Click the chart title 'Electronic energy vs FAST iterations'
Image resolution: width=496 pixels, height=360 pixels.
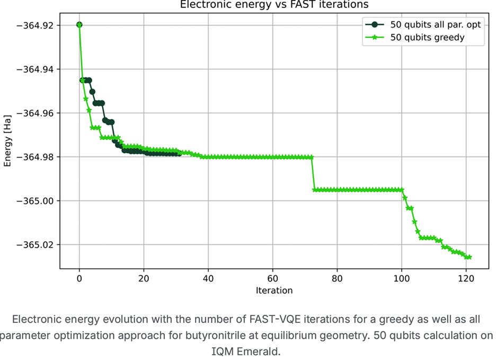click(274, 4)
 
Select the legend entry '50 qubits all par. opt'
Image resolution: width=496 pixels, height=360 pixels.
click(435, 25)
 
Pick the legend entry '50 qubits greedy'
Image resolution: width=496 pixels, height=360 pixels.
click(427, 37)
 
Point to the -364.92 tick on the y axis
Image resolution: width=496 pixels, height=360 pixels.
click(36, 25)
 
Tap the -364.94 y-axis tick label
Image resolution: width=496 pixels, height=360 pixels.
click(36, 69)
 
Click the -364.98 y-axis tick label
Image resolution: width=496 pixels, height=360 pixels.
click(36, 157)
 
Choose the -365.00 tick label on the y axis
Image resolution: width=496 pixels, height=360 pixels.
click(36, 201)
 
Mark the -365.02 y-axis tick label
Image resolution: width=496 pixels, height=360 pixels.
click(36, 245)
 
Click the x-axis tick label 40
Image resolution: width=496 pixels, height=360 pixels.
click(208, 279)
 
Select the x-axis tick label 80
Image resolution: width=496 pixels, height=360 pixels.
click(337, 279)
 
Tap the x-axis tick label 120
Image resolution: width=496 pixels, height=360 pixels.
click(466, 279)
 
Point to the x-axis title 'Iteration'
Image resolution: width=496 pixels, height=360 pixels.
click(274, 291)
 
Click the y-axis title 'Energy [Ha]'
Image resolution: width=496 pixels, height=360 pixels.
click(7, 141)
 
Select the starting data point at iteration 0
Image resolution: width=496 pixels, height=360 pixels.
click(79, 25)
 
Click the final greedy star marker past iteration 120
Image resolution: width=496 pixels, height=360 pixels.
click(469, 257)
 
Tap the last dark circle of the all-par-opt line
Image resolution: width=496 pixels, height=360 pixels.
click(179, 153)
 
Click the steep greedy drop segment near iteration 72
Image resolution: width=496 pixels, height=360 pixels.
click(313, 173)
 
